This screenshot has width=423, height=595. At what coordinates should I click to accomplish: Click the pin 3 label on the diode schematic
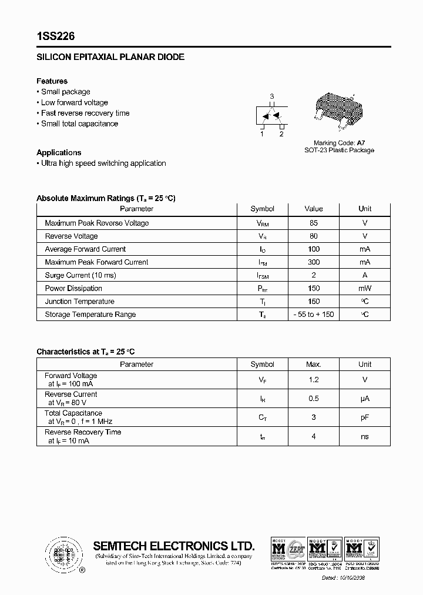pyautogui.click(x=271, y=96)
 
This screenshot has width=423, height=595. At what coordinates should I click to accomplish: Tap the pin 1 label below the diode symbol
pyautogui.click(x=262, y=134)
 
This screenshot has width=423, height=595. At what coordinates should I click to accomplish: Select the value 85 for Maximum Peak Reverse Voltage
pyautogui.click(x=314, y=223)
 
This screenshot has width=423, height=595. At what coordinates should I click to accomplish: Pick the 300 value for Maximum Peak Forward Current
pyautogui.click(x=314, y=262)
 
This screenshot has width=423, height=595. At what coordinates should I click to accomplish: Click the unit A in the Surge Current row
pyautogui.click(x=365, y=275)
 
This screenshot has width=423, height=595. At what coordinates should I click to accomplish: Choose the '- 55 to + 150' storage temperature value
pyautogui.click(x=314, y=315)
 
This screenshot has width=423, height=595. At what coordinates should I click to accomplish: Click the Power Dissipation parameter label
pyautogui.click(x=73, y=289)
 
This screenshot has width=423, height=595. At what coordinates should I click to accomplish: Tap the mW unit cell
pyautogui.click(x=365, y=289)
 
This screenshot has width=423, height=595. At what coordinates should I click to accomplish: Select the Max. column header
pyautogui.click(x=314, y=365)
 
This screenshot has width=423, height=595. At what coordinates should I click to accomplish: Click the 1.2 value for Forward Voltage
pyautogui.click(x=314, y=380)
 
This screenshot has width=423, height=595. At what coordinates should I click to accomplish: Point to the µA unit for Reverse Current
pyautogui.click(x=365, y=399)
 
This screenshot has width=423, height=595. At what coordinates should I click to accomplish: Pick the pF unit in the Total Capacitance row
pyautogui.click(x=365, y=417)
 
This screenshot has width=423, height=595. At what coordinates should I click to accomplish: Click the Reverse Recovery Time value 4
pyautogui.click(x=314, y=436)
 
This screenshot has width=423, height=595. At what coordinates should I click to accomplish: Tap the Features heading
pyautogui.click(x=52, y=81)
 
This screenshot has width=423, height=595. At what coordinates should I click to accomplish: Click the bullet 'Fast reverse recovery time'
pyautogui.click(x=85, y=113)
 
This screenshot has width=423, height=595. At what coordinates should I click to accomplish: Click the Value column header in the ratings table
pyautogui.click(x=314, y=209)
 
